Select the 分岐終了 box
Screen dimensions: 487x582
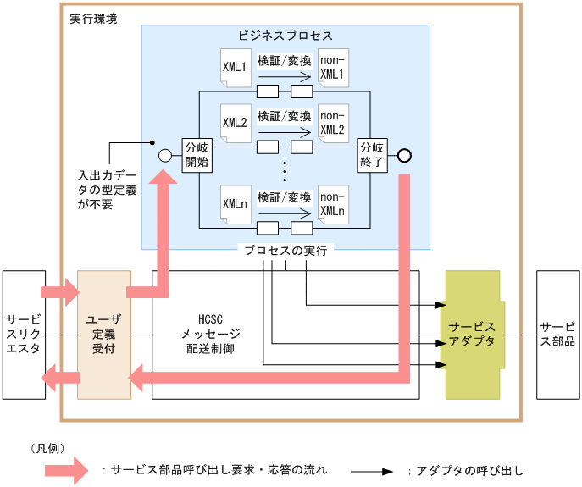click(372, 153)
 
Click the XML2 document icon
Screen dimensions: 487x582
click(235, 124)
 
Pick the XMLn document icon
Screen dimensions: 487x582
click(235, 204)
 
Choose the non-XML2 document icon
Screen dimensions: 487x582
click(332, 124)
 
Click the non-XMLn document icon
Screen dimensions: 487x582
click(332, 204)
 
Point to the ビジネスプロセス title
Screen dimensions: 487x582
click(285, 36)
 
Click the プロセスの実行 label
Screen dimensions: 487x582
click(285, 251)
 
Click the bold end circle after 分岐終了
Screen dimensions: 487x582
click(404, 155)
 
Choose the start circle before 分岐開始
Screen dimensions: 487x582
click(166, 155)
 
